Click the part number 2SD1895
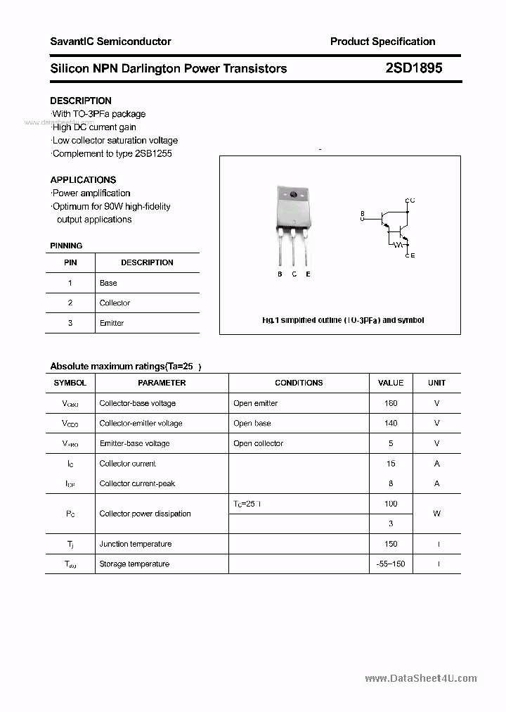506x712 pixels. (x=413, y=68)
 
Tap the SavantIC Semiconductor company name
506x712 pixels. (x=110, y=42)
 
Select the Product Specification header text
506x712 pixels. (x=382, y=42)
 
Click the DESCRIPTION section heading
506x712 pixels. (x=81, y=101)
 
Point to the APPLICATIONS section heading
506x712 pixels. (x=83, y=179)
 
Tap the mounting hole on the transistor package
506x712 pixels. (x=293, y=194)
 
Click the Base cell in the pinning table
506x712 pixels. (x=108, y=283)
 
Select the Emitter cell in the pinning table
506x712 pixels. (x=112, y=323)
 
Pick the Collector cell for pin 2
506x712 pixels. (x=115, y=303)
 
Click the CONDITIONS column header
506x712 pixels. (x=299, y=383)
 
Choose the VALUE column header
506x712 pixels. (x=391, y=383)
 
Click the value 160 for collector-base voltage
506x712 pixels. (x=391, y=403)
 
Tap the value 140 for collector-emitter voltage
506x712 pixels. (x=391, y=423)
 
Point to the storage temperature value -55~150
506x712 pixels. (x=391, y=564)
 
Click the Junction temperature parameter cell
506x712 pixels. (x=136, y=544)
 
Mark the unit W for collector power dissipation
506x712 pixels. (x=436, y=514)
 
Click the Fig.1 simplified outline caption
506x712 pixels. (x=343, y=320)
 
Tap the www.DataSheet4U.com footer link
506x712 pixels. (x=421, y=678)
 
